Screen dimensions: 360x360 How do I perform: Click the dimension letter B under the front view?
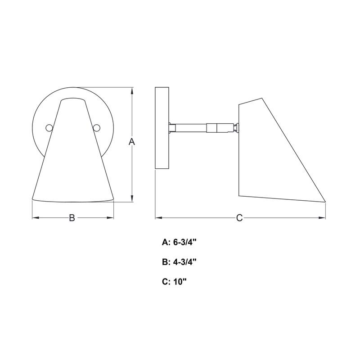tap(72, 218)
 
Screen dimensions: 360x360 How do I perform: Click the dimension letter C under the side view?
tap(239, 218)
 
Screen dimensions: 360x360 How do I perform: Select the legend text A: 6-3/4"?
tap(180, 242)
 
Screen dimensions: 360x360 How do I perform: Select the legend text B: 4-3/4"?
tap(180, 262)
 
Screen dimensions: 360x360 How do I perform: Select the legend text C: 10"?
tap(174, 282)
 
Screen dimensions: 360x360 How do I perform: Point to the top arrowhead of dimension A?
tap(132, 90)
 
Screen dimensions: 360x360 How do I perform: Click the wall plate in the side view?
tap(162, 128)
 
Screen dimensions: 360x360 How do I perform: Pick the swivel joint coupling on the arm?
tap(216, 128)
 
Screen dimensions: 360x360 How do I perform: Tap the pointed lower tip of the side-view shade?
tap(324, 201)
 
